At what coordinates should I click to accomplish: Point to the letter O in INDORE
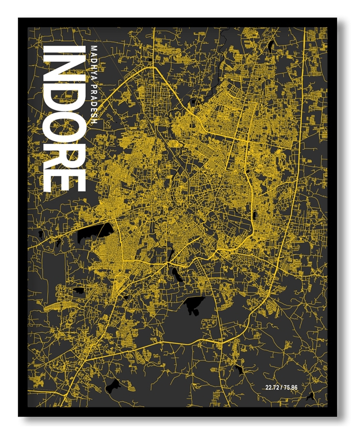(x=65, y=129)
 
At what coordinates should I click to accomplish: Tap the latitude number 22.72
(x=274, y=386)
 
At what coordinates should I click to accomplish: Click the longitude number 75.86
(x=298, y=386)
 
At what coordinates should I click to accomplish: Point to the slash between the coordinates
(x=286, y=386)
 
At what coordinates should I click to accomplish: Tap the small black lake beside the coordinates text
(x=311, y=396)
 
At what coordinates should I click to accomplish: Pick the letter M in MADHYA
(x=94, y=48)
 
